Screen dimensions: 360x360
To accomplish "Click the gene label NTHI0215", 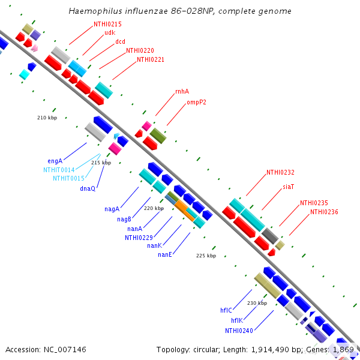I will coord(107,23).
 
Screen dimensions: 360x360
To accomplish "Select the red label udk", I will coord(110,32).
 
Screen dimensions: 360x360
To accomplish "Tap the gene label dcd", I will coord(120,41).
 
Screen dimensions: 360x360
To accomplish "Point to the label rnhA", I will coord(182,91).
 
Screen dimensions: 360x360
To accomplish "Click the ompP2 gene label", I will coord(196,102).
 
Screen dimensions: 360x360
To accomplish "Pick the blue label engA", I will coord(55,161).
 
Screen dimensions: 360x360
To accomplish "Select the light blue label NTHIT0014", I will coord(59,170).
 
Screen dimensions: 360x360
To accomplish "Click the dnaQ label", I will coord(88,188).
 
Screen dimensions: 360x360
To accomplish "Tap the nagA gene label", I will coord(112,209).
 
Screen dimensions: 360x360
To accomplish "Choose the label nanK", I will coord(154,245).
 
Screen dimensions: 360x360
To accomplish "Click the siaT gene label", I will coord(289,187).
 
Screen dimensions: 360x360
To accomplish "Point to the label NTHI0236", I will coord(324,212).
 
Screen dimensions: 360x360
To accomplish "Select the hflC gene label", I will coord(226,310).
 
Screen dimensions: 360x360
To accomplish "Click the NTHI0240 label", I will coord(239,331).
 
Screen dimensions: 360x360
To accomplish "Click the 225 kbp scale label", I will coord(206,256).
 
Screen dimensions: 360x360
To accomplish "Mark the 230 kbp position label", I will coord(256,303).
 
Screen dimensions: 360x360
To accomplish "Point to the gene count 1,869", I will coord(343,349).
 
